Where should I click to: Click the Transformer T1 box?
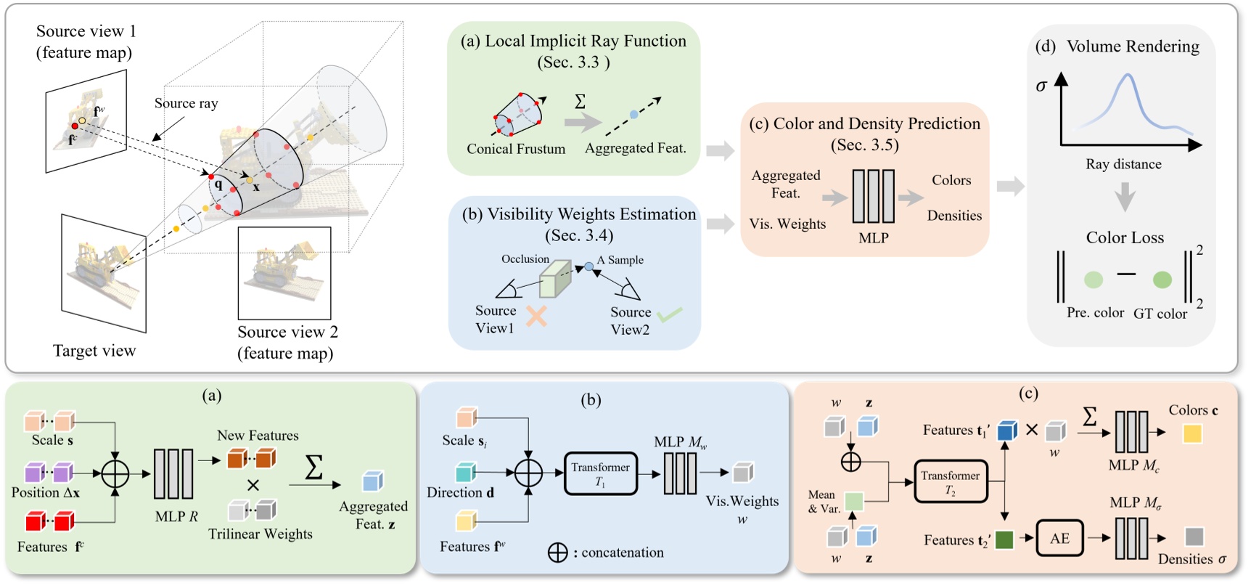click(600, 474)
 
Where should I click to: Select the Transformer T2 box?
click(951, 481)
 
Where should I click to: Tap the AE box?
click(1059, 538)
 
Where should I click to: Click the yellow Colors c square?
click(1192, 434)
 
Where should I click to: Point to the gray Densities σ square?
click(1194, 537)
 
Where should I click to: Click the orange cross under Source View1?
click(536, 316)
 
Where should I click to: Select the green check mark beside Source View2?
click(670, 314)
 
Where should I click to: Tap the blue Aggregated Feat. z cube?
click(372, 481)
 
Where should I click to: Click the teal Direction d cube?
click(465, 473)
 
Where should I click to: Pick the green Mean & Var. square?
click(854, 501)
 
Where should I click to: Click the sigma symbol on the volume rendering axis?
click(1041, 86)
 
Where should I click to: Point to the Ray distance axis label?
click(1123, 164)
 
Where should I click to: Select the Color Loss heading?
click(1125, 237)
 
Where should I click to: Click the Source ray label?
click(186, 103)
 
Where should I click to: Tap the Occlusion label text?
click(525, 259)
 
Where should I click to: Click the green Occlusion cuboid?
click(555, 279)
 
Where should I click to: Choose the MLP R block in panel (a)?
click(173, 473)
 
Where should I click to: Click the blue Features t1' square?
click(1007, 431)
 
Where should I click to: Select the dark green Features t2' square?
click(1004, 540)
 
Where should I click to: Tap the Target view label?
click(94, 351)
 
